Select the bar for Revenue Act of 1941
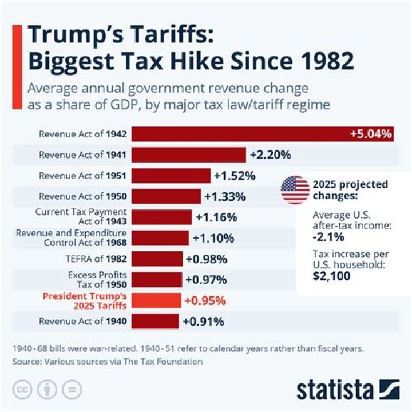189,154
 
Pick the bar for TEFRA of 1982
157,259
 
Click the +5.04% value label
371,134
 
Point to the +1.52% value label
235,176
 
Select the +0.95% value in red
205,300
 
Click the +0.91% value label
203,321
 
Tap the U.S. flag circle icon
295,190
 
